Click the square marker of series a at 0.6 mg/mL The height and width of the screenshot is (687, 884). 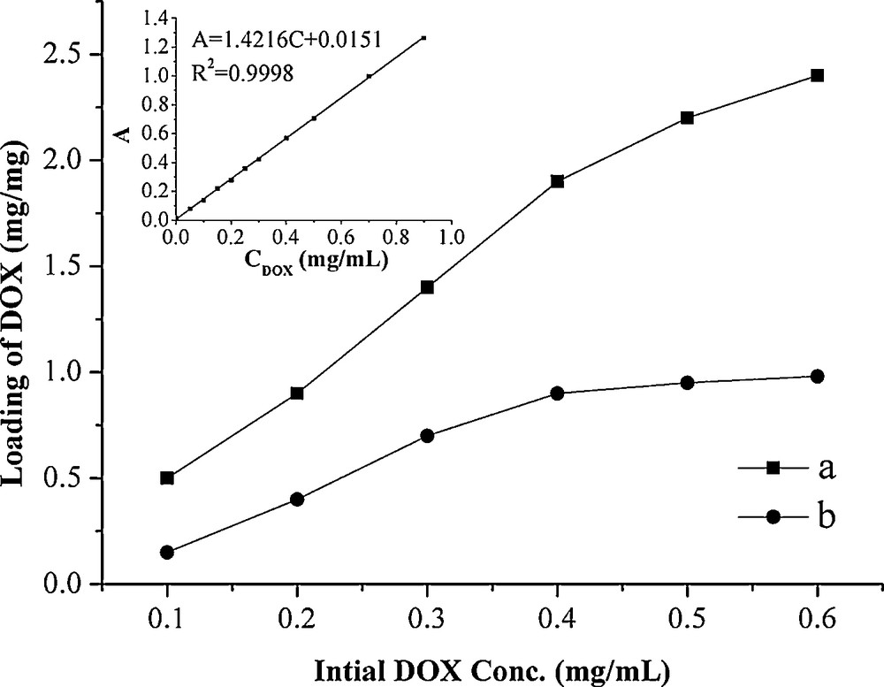[817, 75]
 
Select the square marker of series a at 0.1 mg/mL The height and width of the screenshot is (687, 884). [168, 478]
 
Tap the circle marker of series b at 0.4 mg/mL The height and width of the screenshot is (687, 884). [557, 393]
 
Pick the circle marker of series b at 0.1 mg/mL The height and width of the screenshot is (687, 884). [168, 553]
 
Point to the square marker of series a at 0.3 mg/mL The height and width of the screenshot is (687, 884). [428, 287]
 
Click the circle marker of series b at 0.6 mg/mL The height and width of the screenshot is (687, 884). [817, 377]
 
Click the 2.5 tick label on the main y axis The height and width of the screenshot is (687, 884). [68, 55]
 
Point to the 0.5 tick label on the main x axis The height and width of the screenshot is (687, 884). [687, 615]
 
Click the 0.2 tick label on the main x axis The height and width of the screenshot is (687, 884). [297, 615]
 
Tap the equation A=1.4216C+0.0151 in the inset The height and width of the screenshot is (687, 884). [269, 41]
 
